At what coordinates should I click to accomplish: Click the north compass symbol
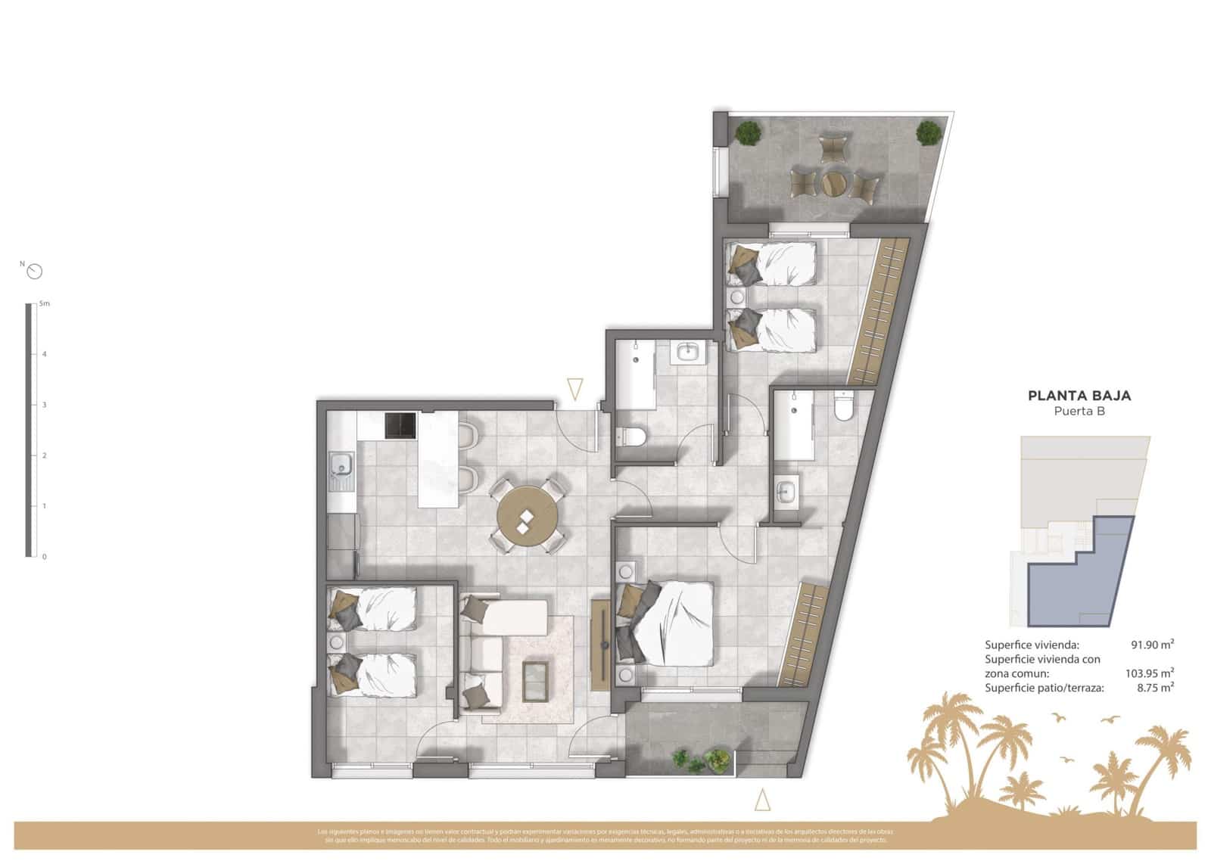pyautogui.click(x=34, y=271)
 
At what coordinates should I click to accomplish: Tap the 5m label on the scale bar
pyautogui.click(x=45, y=304)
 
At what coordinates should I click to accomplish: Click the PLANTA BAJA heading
pyautogui.click(x=1079, y=395)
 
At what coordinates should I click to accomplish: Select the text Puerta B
pyautogui.click(x=1079, y=412)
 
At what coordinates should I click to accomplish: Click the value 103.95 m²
pyautogui.click(x=1149, y=673)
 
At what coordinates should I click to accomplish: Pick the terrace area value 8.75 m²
pyautogui.click(x=1155, y=688)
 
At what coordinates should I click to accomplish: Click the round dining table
pyautogui.click(x=527, y=517)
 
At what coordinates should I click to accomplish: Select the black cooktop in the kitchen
pyautogui.click(x=400, y=425)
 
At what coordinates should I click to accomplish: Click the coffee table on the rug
pyautogui.click(x=537, y=680)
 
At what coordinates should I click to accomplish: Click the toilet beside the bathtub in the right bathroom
pyautogui.click(x=842, y=406)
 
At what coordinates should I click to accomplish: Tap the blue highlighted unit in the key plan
pyautogui.click(x=1082, y=579)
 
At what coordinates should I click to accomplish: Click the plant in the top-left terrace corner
pyautogui.click(x=749, y=133)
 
